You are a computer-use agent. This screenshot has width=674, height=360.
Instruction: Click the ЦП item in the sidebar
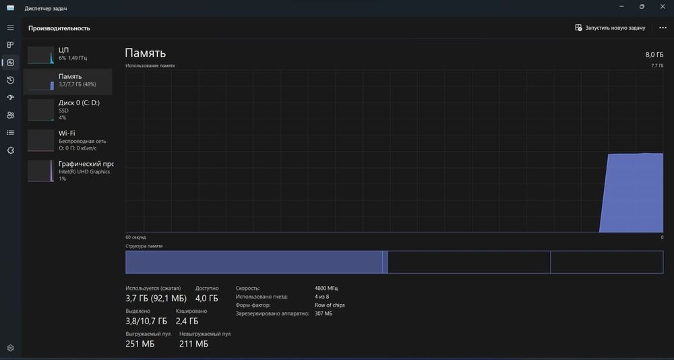click(68, 54)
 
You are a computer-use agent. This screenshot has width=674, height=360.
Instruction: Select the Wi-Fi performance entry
click(68, 140)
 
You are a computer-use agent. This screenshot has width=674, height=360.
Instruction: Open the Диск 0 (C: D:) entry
click(68, 110)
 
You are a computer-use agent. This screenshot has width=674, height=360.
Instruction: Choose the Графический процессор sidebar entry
click(68, 171)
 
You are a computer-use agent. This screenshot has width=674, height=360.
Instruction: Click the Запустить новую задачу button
click(610, 28)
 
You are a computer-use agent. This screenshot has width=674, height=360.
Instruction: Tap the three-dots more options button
click(663, 28)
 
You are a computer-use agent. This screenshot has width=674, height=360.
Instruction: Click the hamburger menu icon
click(11, 28)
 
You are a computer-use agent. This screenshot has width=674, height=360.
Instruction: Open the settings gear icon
click(11, 347)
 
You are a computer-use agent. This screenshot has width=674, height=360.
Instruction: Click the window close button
click(663, 7)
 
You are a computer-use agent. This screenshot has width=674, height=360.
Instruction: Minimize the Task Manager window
click(622, 7)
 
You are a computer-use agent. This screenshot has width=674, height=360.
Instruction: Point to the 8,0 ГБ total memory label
click(654, 55)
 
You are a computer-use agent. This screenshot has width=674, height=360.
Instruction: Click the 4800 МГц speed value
click(326, 288)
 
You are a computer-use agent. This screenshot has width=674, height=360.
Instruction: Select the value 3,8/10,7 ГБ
click(146, 321)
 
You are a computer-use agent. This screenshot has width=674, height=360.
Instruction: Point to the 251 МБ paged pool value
click(140, 344)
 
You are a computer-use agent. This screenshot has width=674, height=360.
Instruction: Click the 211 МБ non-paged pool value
click(194, 344)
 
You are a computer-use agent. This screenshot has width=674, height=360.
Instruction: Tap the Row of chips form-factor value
click(330, 305)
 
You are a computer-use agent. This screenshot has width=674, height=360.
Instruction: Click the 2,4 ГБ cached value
click(187, 321)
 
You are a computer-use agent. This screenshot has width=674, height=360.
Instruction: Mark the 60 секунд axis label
click(136, 237)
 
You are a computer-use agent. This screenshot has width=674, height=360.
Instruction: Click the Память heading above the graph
click(146, 53)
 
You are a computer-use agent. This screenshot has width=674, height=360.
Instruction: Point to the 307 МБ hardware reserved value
click(324, 313)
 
